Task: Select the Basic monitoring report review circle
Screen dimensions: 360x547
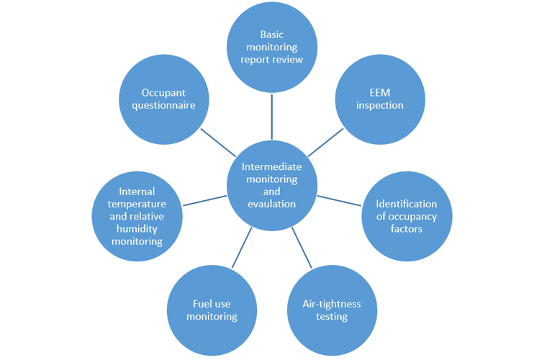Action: click(x=272, y=47)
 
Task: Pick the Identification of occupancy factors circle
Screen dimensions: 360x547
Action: click(x=406, y=216)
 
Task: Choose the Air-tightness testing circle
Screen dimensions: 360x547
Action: click(x=331, y=310)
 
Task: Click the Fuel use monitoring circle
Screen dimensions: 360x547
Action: click(x=212, y=310)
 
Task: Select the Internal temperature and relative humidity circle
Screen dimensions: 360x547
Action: click(x=137, y=216)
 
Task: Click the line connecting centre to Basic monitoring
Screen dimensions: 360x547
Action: click(x=272, y=115)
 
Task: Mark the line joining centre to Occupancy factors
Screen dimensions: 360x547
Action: click(x=339, y=199)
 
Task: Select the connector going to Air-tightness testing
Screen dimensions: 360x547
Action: click(x=302, y=248)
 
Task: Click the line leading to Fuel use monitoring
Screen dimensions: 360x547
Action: click(x=243, y=248)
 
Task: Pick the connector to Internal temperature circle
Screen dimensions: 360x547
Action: click(x=204, y=199)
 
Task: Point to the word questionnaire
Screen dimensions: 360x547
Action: click(x=164, y=104)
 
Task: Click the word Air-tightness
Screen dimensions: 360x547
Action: click(x=331, y=304)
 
